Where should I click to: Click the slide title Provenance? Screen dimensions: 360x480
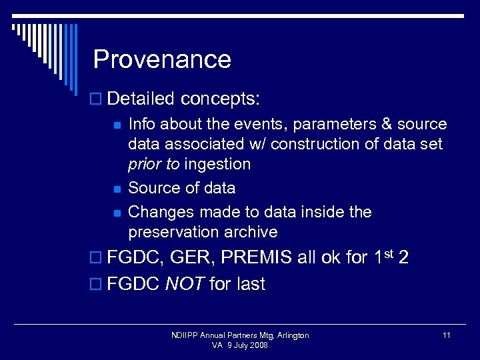pyautogui.click(x=162, y=60)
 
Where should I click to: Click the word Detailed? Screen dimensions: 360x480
pyautogui.click(x=141, y=99)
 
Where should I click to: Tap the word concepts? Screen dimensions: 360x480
pyautogui.click(x=221, y=99)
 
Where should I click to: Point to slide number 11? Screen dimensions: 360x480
pyautogui.click(x=446, y=335)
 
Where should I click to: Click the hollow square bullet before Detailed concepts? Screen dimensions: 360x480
pyautogui.click(x=95, y=99)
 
